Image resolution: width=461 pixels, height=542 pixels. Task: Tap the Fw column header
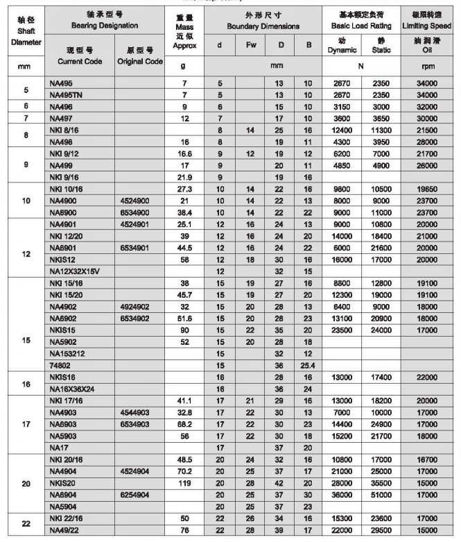tap(250, 46)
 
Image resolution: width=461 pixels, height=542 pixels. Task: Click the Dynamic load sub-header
tap(342, 46)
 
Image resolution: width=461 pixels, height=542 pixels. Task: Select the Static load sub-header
tap(381, 46)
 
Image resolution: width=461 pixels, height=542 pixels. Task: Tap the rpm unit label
tap(427, 67)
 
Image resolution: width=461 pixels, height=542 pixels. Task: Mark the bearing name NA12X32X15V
tap(75, 271)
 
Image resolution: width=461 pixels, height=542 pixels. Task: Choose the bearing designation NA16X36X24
tap(73, 389)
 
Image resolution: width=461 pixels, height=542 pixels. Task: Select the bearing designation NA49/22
tap(67, 532)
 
